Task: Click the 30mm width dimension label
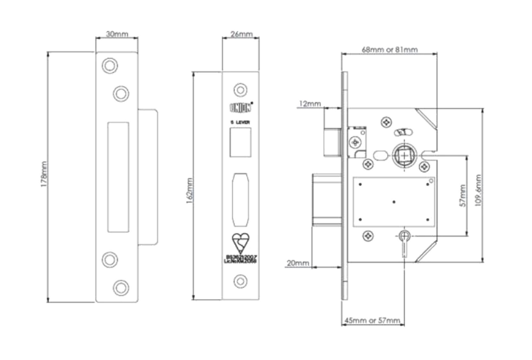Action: (117, 34)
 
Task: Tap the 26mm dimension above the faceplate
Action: (241, 34)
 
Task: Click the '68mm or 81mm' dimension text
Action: (390, 49)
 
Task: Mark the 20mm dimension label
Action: (298, 263)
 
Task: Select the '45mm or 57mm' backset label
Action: (372, 321)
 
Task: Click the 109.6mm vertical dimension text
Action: (478, 190)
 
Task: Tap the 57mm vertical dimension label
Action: (462, 195)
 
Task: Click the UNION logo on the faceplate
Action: (241, 108)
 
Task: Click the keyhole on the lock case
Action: (404, 240)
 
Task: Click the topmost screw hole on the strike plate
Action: (109, 65)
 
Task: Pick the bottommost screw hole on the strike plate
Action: (121, 287)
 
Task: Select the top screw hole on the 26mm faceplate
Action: (240, 90)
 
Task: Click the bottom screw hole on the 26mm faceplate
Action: (240, 282)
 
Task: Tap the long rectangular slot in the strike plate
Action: (118, 177)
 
